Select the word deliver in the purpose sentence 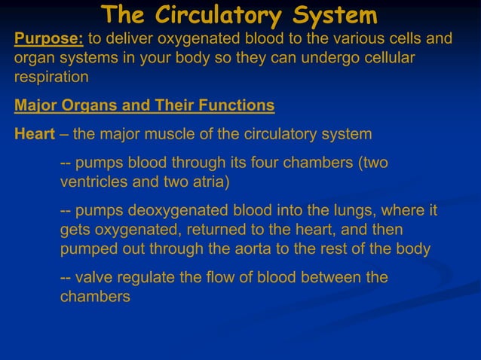point(131,38)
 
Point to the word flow point(218,278)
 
